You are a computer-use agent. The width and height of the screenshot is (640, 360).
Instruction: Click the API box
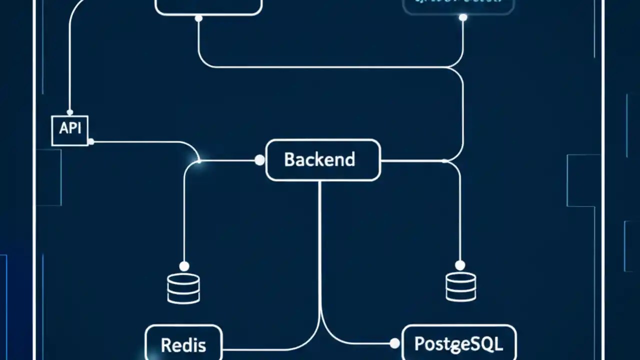coord(70,130)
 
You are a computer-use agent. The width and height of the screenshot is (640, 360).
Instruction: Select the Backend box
coord(323,160)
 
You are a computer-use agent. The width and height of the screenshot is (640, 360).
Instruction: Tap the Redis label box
coord(183,344)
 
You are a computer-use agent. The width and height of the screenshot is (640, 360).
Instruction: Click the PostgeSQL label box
coord(458,344)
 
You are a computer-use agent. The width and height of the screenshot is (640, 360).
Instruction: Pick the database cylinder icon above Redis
coord(183,288)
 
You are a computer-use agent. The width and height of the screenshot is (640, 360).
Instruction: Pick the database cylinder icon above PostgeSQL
coord(460,287)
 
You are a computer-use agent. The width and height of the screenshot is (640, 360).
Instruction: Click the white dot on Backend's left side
coord(259,160)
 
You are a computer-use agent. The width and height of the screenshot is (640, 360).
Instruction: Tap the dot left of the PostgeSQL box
coord(394,343)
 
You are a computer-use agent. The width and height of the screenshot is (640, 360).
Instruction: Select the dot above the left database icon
coord(184,266)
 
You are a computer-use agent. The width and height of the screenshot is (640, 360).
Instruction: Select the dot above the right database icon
coord(460,265)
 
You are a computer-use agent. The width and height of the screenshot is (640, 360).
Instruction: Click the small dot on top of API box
coord(70,112)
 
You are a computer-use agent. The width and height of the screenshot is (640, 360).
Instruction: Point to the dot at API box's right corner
coord(90,142)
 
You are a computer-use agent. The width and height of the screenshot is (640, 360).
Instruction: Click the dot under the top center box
coord(198,18)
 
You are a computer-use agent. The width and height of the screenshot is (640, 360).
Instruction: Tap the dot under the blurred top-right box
coord(463,17)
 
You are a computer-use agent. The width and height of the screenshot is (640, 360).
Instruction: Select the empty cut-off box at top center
coord(208,6)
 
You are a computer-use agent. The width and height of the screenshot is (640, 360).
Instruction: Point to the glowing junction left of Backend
coord(198,160)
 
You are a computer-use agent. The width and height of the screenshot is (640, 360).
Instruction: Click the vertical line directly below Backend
coord(319,240)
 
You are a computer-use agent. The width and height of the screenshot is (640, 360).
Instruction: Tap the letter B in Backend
coord(289,159)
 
